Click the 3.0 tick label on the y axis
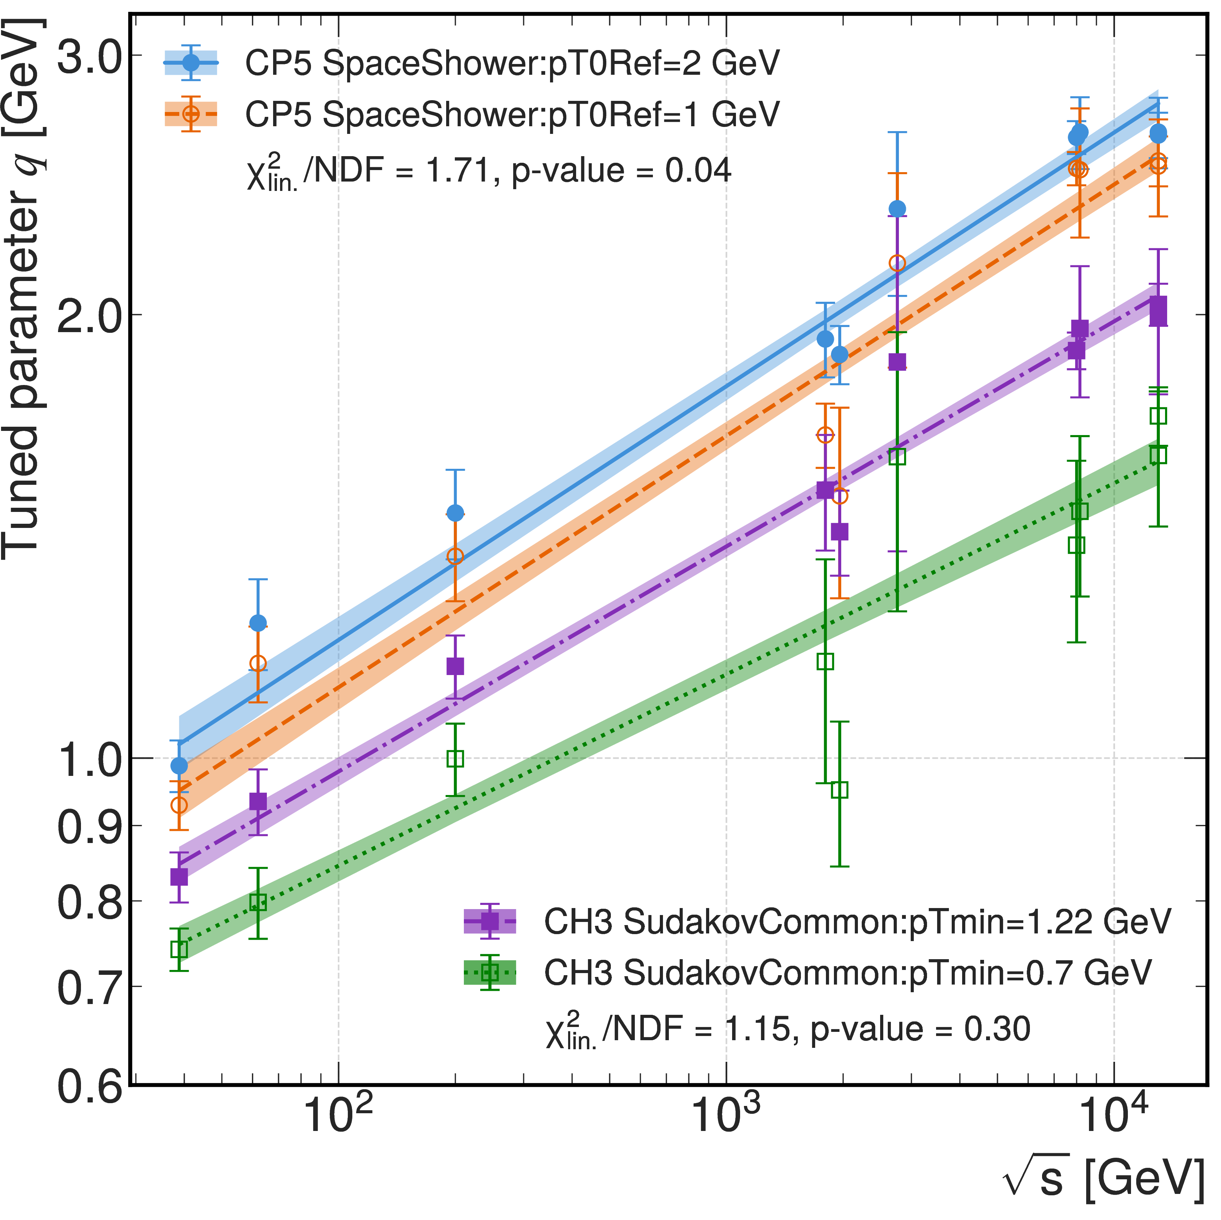click(89, 57)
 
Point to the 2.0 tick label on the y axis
click(89, 315)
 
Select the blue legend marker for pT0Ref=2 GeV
click(191, 63)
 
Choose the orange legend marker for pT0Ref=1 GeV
click(191, 114)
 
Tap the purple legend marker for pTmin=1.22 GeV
click(490, 921)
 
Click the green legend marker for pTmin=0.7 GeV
click(490, 972)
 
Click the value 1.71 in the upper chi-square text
click(458, 171)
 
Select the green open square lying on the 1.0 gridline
click(455, 758)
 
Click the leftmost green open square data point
click(180, 950)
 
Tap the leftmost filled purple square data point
click(180, 877)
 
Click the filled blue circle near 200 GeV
click(455, 512)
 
